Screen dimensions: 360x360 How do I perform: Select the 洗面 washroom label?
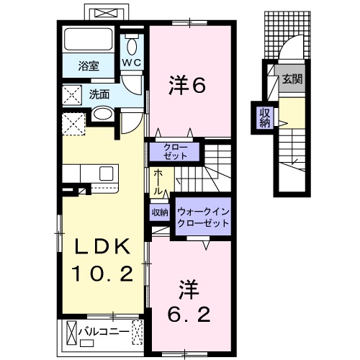pos(99,94)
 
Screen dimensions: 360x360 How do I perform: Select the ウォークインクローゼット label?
pos(203,217)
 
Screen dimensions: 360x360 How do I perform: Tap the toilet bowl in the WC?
pos(132,45)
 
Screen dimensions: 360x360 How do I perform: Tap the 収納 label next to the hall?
pos(159,212)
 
